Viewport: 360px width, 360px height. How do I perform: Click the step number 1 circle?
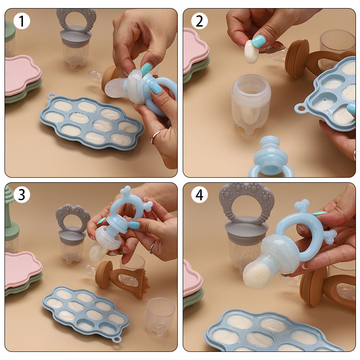pos(22,21)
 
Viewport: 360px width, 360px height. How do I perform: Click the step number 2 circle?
pos(199,21)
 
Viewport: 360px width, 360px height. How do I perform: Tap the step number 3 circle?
pos(22,194)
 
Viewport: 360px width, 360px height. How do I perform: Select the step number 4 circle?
pos(199,194)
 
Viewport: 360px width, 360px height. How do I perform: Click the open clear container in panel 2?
pos(251,103)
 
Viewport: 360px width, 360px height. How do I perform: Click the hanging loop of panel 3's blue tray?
pos(117,339)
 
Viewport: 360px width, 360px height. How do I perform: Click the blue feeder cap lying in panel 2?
pos(271,156)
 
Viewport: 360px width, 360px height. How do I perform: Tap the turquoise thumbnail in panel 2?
pos(259,41)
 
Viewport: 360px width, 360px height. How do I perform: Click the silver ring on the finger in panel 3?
pos(152,248)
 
